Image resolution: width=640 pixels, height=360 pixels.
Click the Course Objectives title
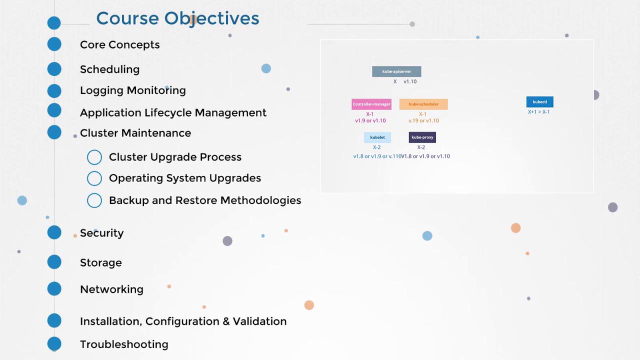(x=177, y=18)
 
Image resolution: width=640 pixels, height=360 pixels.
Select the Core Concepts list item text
(x=119, y=45)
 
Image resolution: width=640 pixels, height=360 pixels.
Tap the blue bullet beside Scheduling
(x=54, y=69)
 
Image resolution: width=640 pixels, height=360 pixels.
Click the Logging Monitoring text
(x=133, y=90)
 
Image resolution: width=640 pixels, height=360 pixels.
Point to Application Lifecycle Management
(x=173, y=113)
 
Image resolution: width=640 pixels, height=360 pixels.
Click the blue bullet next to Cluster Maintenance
(x=54, y=132)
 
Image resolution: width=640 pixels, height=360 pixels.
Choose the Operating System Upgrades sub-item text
(x=185, y=178)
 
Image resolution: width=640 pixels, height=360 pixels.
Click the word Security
(x=101, y=233)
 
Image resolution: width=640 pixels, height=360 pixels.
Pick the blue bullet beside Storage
(x=54, y=262)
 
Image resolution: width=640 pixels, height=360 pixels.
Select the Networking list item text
(x=111, y=289)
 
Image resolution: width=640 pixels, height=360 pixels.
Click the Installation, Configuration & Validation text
(x=183, y=321)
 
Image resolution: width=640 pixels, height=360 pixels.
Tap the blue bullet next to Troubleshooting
(x=54, y=343)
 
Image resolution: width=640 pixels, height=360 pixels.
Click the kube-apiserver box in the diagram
(x=396, y=71)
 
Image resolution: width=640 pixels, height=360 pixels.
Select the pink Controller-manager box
(x=371, y=104)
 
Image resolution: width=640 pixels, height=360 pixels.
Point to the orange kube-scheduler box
(x=423, y=104)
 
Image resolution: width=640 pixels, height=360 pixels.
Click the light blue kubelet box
(x=377, y=137)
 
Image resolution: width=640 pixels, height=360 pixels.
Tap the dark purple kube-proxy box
(x=422, y=137)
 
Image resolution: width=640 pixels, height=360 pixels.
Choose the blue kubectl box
(x=539, y=101)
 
